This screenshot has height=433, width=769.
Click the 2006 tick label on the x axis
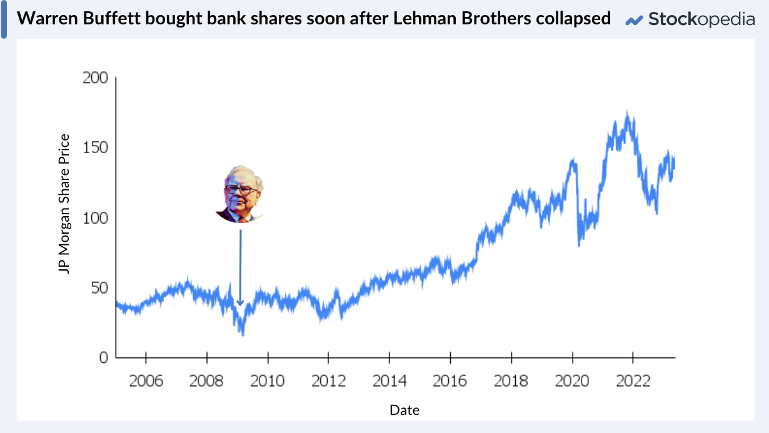pos(146,381)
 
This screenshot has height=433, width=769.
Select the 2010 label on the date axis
pos(268,381)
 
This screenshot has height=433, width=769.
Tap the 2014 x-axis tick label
pos(390,381)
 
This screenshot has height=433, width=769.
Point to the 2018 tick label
pos(511,381)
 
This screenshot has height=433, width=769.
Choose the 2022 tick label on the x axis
pos(633,381)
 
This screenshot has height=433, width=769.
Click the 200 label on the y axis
pos(95,78)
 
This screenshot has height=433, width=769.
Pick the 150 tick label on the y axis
pos(95,148)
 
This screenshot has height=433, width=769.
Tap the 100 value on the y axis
pos(95,218)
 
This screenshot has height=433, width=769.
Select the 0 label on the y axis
pos(103,357)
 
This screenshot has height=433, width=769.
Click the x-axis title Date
pos(405,411)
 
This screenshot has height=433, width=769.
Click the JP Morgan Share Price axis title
pos(64,204)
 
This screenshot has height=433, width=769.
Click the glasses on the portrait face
pos(241,189)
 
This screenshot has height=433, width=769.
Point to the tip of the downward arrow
pos(240,304)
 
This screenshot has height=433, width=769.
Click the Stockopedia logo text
pos(701,19)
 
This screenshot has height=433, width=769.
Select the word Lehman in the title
pos(427,19)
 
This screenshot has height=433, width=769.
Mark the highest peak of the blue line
pos(627,112)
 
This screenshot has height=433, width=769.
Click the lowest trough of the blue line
pos(243,335)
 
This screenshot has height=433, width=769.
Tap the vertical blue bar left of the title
pos(4,19)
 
